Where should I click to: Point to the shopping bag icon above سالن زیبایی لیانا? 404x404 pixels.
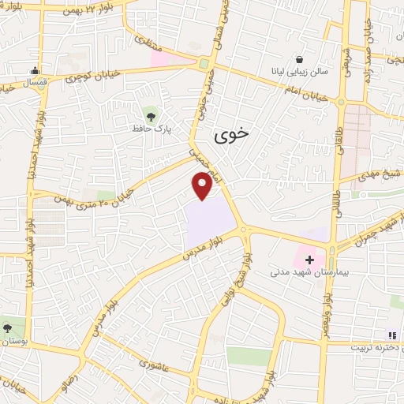299,59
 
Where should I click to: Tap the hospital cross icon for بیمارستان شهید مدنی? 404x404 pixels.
309,260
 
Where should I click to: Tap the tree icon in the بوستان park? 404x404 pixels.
9,327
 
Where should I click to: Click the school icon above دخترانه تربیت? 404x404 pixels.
392,335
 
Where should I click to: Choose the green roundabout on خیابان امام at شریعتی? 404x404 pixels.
342,102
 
